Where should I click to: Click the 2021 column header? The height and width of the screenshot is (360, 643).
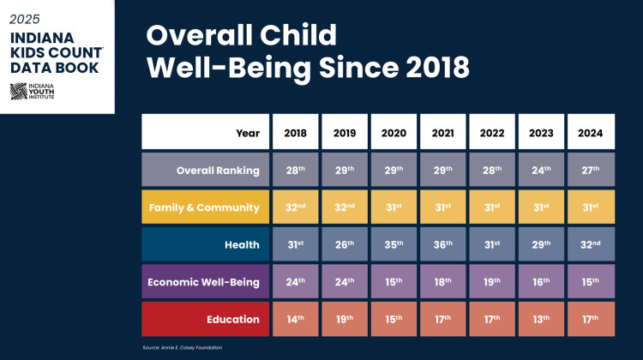(444, 133)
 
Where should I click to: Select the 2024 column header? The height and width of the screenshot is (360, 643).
(591, 133)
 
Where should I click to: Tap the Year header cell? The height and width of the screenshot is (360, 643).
(205, 133)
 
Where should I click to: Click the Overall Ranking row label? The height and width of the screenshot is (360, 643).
(205, 170)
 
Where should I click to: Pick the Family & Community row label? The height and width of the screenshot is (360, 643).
(205, 207)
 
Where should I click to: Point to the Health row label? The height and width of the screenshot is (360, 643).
(205, 245)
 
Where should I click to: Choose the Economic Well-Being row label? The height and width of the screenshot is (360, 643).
(205, 282)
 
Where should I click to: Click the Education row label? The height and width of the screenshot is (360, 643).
(205, 320)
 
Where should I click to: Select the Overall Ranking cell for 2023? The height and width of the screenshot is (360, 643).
(542, 170)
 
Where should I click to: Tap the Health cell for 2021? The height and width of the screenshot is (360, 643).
(444, 245)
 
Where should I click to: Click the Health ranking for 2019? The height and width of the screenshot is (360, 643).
(345, 245)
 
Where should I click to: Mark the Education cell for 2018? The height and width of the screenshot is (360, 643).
(296, 320)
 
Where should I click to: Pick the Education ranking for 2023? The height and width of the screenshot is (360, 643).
(542, 320)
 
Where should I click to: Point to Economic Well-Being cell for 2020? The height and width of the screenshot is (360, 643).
(394, 282)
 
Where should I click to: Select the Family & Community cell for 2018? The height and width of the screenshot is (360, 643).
(296, 207)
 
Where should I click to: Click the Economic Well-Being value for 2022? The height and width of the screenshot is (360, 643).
(493, 282)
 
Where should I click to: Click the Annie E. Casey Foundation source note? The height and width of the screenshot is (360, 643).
(182, 347)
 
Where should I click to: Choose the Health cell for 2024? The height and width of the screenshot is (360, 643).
(591, 245)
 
